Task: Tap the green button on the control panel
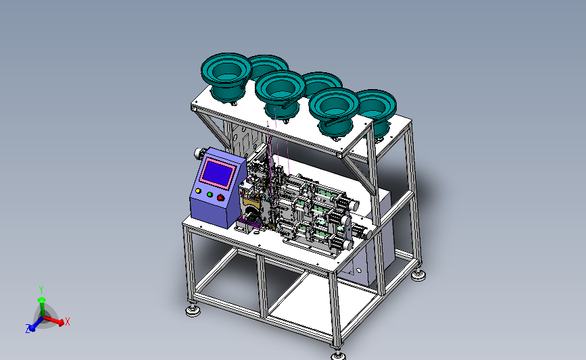click(210, 195)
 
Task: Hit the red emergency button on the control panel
click(220, 197)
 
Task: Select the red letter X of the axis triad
click(68, 322)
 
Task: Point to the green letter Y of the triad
click(41, 290)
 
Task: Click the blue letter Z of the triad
click(27, 329)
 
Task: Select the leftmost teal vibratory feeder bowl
click(226, 76)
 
